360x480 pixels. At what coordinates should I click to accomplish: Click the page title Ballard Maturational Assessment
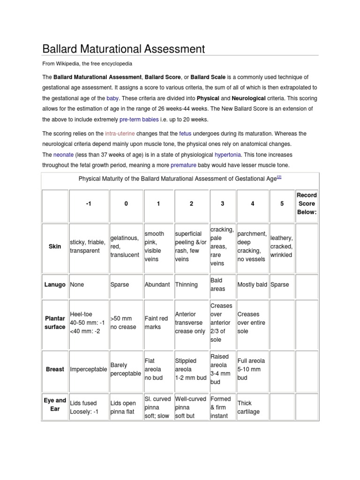pos(124,49)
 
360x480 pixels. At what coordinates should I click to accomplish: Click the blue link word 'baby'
pos(112,98)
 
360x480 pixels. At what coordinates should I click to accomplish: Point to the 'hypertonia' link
pos(229,155)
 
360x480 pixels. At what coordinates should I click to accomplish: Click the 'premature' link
pos(183,165)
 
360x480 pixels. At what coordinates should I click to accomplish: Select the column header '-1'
pos(88,203)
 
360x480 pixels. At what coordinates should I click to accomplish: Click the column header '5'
pos(282,203)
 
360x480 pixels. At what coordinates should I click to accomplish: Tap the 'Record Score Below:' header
pos(307,203)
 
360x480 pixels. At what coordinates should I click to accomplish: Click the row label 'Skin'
pos(55,246)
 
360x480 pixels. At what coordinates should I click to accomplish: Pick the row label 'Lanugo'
pos(55,285)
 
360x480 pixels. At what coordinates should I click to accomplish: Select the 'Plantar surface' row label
pos(55,322)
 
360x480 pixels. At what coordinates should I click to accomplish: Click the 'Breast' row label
pos(55,369)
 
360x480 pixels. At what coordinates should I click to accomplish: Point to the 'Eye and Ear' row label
pos(55,405)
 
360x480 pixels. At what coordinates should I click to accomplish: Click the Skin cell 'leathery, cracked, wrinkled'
pos(281,247)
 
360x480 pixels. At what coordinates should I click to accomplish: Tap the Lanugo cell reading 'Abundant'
pos(157,285)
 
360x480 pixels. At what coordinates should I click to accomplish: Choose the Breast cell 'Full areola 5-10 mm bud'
pos(251,369)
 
